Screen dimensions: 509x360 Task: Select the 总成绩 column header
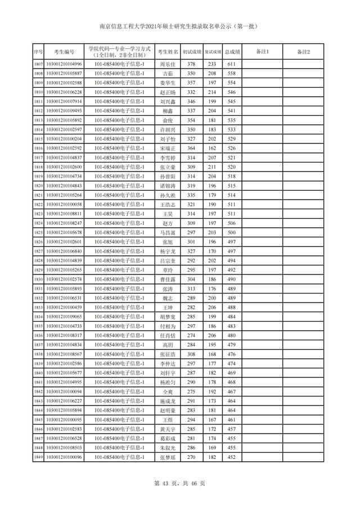(x=232, y=52)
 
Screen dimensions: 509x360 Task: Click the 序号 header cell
(x=38, y=52)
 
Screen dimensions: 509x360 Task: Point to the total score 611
(x=231, y=64)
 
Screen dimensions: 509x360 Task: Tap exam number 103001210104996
(x=64, y=64)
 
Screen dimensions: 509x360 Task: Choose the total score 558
(x=231, y=74)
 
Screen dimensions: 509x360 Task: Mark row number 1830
(x=38, y=279)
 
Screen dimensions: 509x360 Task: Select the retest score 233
(x=212, y=64)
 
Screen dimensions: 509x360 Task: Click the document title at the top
(x=180, y=26)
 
